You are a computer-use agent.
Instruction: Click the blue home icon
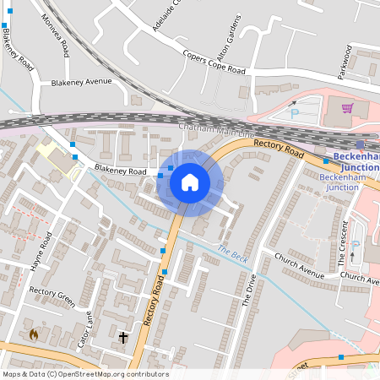[x=190, y=182]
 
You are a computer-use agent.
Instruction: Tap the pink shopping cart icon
[x=347, y=108]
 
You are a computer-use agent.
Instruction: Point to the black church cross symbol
[x=123, y=338]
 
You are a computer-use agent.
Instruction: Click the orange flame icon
[x=34, y=335]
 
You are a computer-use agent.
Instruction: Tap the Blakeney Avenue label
[x=81, y=82]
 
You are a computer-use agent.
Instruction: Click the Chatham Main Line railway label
[x=216, y=130]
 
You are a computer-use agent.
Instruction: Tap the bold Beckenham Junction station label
[x=356, y=160]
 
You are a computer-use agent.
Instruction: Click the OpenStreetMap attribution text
[x=84, y=374]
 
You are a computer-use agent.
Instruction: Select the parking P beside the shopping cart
[x=295, y=113]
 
